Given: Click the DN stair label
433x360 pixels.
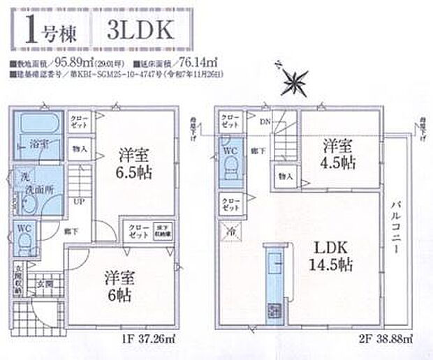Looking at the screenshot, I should tap(265, 123).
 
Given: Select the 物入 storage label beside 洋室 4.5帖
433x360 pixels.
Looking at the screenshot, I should tap(286, 176).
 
